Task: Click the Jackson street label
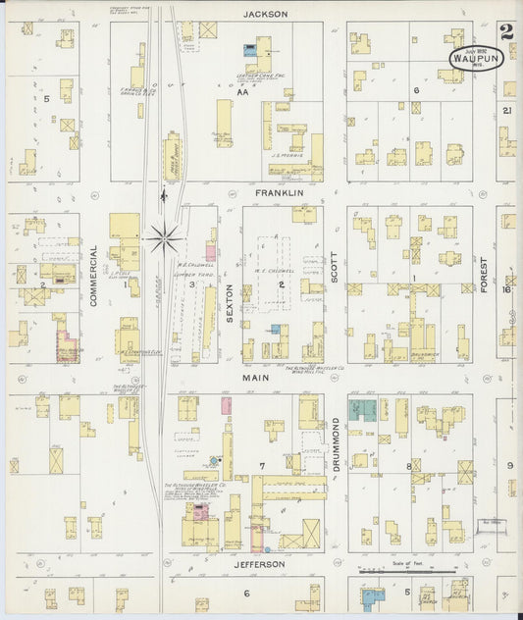coord(265,14)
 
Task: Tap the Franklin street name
coord(279,193)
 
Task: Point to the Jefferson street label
coord(259,564)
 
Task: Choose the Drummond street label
coord(335,443)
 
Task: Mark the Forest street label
coord(484,276)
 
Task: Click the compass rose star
coord(163,235)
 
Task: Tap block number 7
coord(262,463)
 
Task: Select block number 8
coord(409,465)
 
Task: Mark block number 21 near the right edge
coord(507,111)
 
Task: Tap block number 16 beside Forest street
coord(508,289)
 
